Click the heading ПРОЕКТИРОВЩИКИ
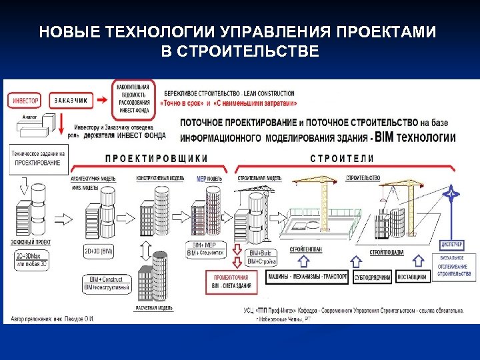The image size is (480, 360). pos(157,158)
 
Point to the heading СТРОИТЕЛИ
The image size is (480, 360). pos(342,158)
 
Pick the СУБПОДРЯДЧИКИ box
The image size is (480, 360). pos(372,277)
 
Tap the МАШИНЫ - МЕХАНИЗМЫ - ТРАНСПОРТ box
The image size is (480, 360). pos(307,277)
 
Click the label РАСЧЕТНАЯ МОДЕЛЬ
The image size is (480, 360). pos(155,308)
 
